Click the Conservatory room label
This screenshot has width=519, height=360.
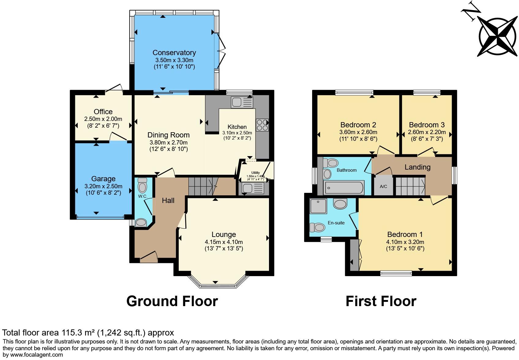tap(174, 53)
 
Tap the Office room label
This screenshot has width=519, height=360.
tap(103, 112)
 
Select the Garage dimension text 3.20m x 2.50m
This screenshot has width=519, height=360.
tap(103, 186)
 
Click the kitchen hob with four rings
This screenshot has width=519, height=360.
tap(262, 125)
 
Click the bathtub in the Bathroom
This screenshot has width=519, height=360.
tap(344, 187)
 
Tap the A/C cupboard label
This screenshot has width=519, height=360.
tap(383, 186)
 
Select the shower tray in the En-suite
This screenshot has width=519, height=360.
tap(318, 206)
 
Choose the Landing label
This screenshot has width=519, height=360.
tap(417, 167)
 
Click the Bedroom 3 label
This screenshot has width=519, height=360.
tap(427, 125)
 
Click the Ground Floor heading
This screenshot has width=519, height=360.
tap(172, 301)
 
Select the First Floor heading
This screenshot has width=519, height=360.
tap(381, 301)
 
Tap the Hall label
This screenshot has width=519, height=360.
tap(168, 201)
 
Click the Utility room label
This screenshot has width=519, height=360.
tap(256, 173)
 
